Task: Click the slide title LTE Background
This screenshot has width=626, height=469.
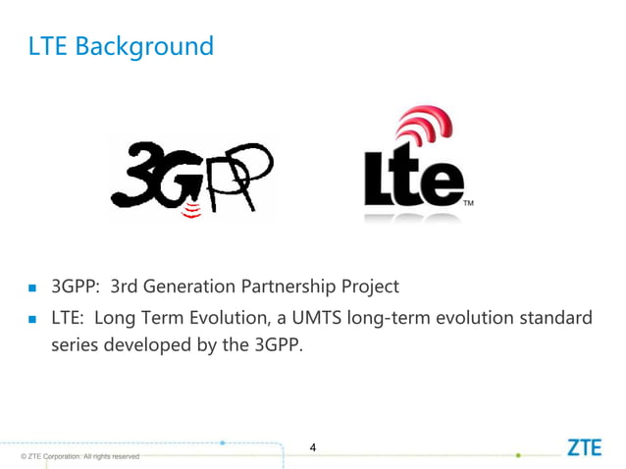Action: coord(122,46)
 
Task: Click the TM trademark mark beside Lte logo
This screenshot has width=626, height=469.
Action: coord(468,204)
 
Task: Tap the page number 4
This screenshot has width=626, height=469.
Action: coord(312,448)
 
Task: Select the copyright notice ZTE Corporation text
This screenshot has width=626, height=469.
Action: coord(74,457)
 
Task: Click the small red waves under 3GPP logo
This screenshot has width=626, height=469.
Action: coord(193,210)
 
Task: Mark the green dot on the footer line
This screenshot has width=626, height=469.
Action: coord(518,455)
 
